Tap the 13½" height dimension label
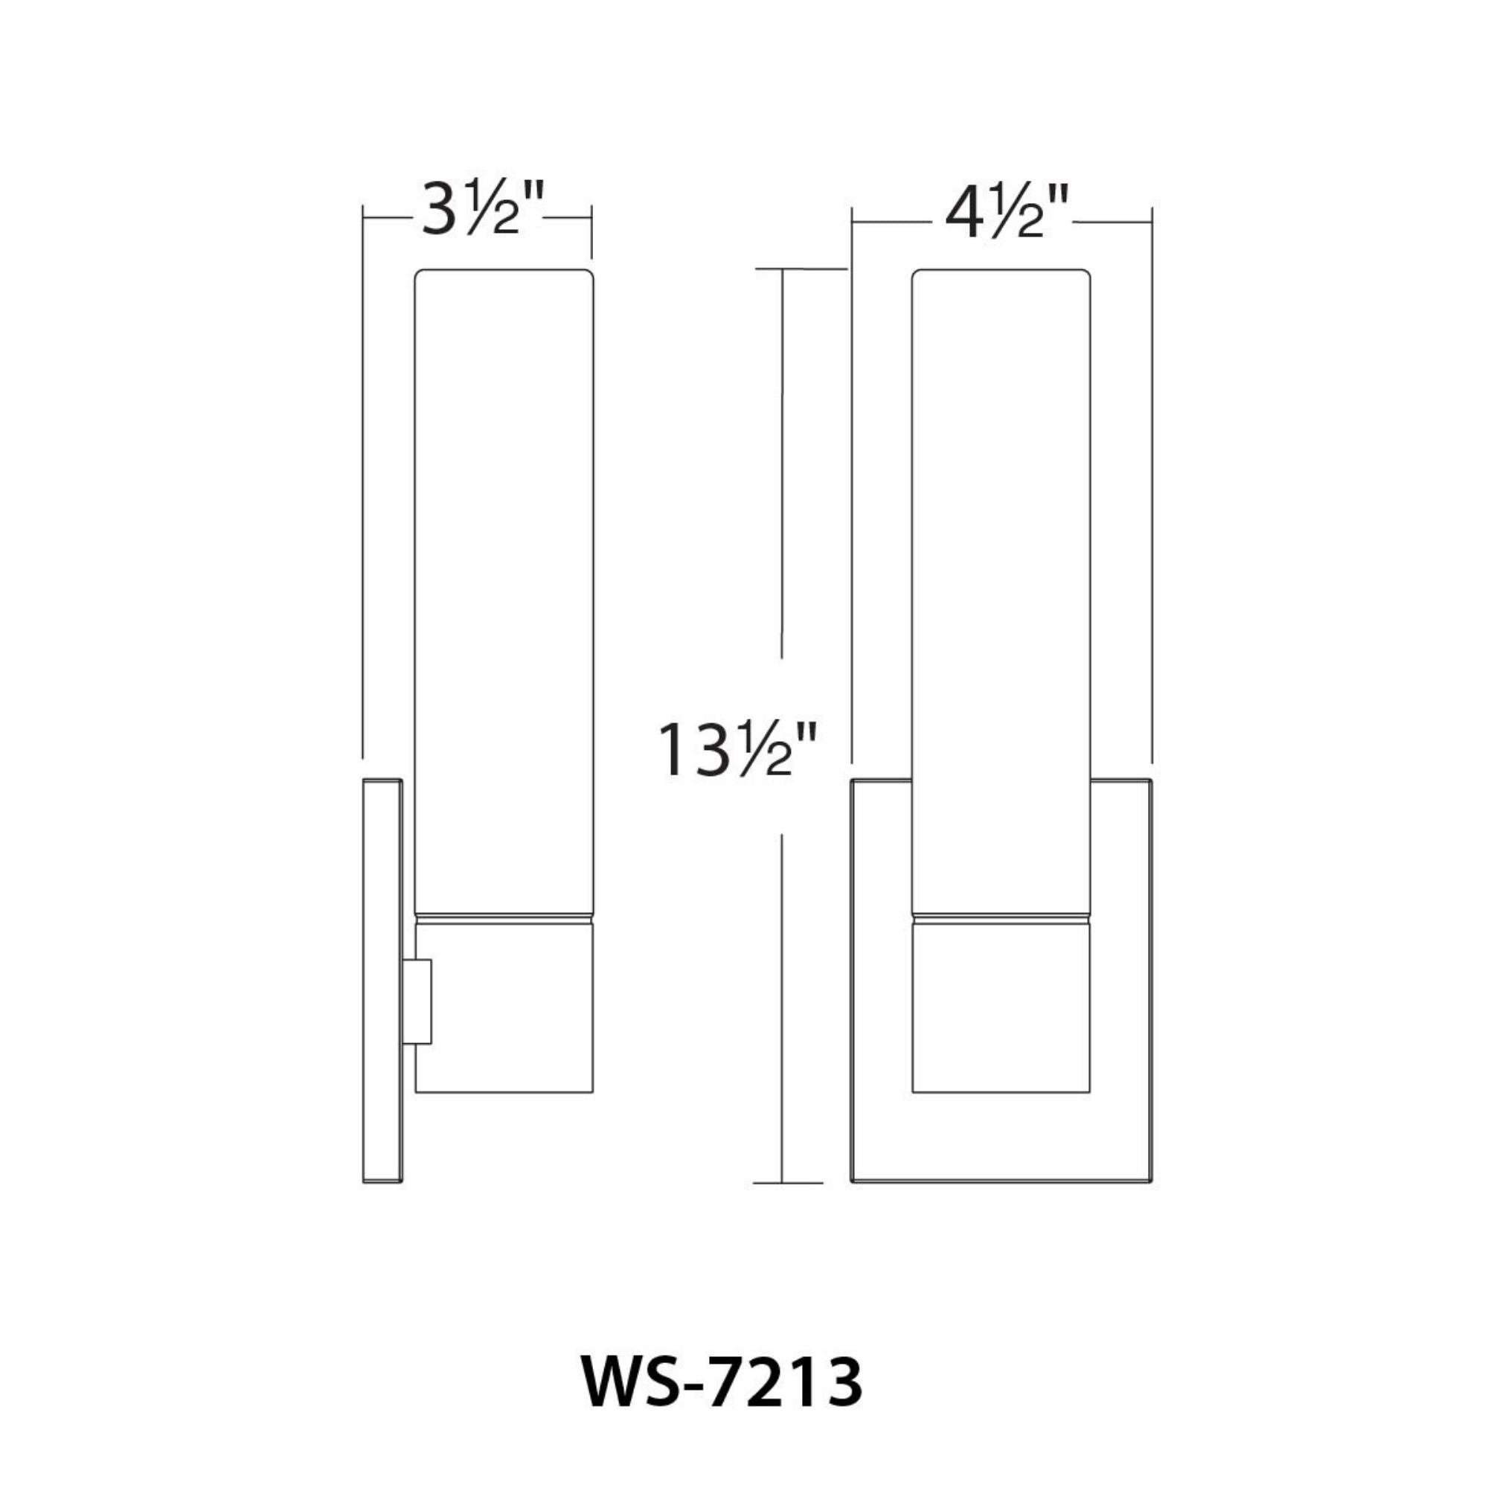coord(737,749)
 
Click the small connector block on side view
coord(417,1002)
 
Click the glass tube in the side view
coord(504,586)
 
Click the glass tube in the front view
coord(1001,586)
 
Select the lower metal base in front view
coord(1001,1009)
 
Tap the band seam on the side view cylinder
coord(504,917)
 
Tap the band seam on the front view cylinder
coord(1001,917)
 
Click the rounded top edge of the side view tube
coord(504,270)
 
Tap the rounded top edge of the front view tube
coord(1001,270)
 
